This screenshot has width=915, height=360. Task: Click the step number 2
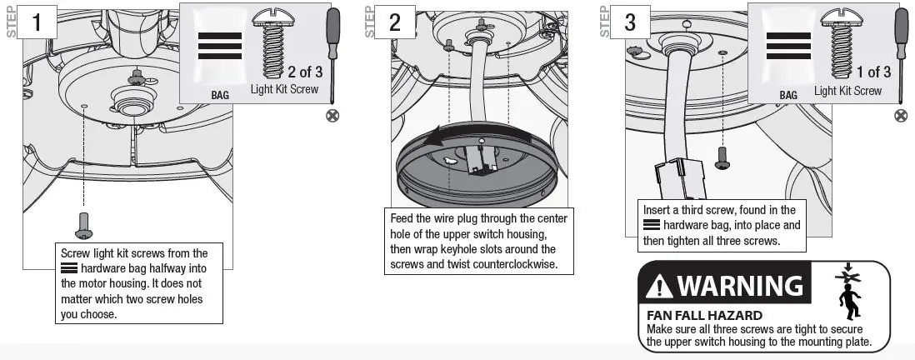coord(394,22)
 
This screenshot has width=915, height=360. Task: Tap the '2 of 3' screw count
coord(303,71)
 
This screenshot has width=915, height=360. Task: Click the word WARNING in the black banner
coord(739,286)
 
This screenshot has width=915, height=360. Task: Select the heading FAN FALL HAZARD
coord(704,316)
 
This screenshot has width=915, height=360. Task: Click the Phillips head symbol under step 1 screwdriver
coord(332,116)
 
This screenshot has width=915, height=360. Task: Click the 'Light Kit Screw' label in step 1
coord(284,89)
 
